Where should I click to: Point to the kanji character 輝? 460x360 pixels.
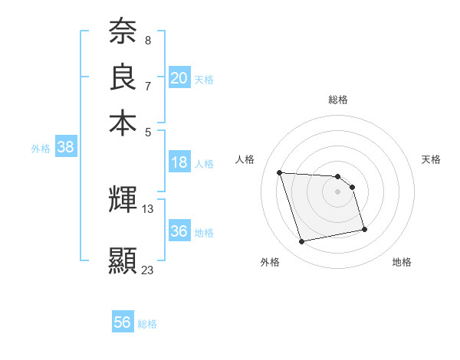(123, 201)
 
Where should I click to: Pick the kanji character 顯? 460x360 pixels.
(123, 260)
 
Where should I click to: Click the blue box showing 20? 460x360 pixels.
(179, 78)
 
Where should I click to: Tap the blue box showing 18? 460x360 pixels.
(179, 162)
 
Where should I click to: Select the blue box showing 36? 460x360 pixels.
(179, 231)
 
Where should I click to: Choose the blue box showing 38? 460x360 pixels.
(65, 148)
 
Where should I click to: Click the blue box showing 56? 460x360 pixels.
(123, 322)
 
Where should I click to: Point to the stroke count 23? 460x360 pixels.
(147, 270)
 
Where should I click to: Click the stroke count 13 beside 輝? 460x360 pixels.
(148, 208)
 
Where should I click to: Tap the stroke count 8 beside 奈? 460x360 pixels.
(147, 40)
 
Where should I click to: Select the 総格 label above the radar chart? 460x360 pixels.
(338, 100)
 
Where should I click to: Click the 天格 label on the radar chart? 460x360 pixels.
(431, 159)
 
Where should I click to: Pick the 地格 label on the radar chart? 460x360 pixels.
(402, 262)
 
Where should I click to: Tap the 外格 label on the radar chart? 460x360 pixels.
(270, 262)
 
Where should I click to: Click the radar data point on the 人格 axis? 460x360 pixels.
(280, 172)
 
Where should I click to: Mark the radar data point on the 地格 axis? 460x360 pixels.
(363, 228)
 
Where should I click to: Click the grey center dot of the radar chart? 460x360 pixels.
(338, 191)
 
